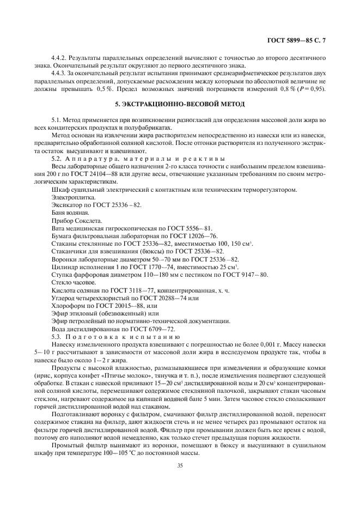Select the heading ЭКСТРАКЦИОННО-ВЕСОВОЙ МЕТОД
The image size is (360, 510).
[x=180, y=104]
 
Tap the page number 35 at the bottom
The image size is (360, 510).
[x=180, y=465]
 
